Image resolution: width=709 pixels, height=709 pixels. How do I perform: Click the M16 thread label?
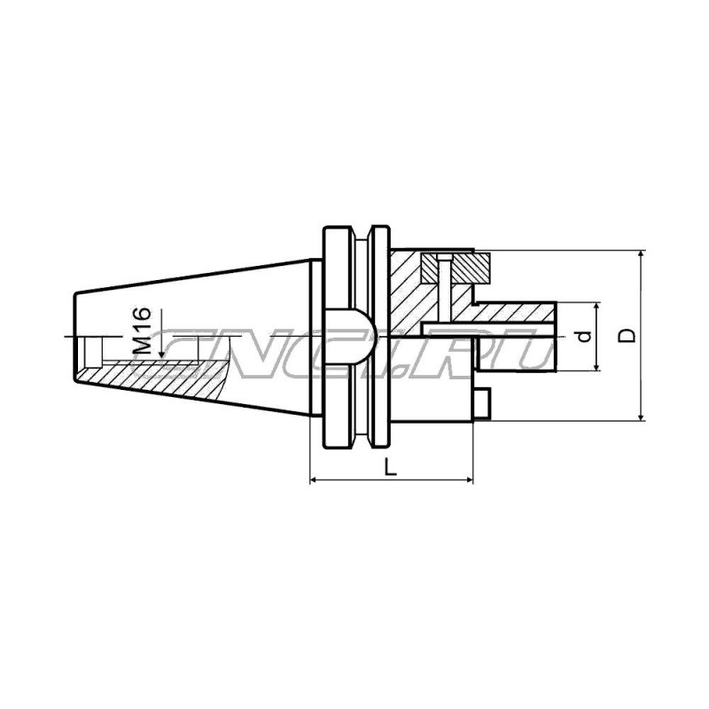click(x=144, y=330)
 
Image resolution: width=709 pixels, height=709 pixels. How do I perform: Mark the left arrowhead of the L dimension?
click(x=314, y=481)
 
